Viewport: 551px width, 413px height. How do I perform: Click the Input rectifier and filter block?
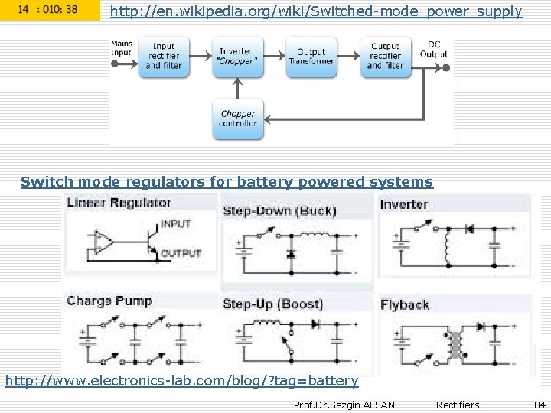163,56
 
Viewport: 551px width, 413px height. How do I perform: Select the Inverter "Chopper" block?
237,56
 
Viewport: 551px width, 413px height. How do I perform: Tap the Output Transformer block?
311,56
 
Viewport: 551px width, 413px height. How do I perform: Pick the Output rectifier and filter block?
385,56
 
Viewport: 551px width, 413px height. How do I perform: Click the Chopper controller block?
237,119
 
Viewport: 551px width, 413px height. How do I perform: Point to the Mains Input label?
122,48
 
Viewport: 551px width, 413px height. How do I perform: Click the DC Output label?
434,49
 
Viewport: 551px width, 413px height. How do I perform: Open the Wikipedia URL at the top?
316,11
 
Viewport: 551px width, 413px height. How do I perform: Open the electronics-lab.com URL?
181,380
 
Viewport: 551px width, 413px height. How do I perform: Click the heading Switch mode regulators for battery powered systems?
227,182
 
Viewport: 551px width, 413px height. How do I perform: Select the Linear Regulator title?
119,203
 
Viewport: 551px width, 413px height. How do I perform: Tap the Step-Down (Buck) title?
279,210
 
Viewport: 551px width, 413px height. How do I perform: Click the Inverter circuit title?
403,204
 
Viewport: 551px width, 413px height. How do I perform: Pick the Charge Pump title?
109,301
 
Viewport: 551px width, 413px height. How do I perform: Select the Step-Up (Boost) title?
272,304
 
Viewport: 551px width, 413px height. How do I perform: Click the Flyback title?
405,304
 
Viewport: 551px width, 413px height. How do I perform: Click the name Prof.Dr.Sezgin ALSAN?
344,405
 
